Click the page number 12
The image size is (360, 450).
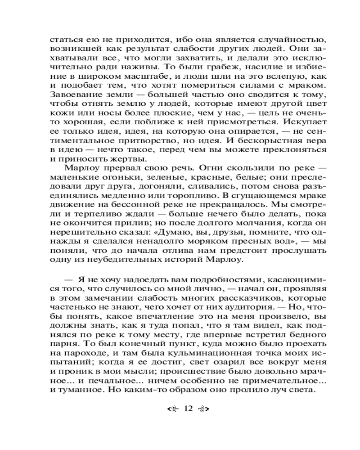pyautogui.click(x=188, y=409)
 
